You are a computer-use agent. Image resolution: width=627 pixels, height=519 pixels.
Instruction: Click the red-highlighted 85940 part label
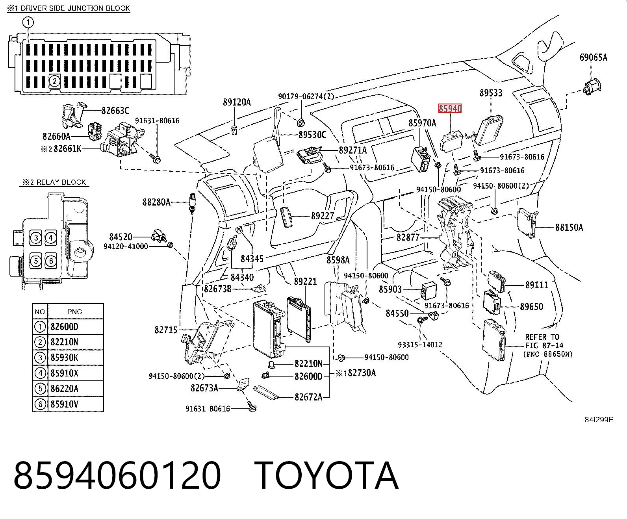tap(449, 108)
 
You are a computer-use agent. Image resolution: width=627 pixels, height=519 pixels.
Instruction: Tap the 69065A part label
tap(593, 57)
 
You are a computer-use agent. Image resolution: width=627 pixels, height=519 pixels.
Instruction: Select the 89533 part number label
tap(491, 93)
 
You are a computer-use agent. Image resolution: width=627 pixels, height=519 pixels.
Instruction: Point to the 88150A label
tap(569, 227)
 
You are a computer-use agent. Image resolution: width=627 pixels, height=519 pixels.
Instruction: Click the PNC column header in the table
tap(74, 312)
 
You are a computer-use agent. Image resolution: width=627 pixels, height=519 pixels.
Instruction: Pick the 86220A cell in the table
tap(64, 389)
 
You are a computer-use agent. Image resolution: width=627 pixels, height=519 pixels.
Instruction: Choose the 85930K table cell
tap(64, 358)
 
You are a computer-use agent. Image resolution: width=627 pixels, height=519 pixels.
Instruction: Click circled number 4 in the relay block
tap(51, 238)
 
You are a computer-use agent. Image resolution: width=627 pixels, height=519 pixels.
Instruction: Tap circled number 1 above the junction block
tap(28, 22)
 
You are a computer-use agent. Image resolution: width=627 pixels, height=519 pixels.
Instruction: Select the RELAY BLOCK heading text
tap(54, 182)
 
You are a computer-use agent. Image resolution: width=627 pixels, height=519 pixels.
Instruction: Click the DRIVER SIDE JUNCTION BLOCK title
tap(69, 8)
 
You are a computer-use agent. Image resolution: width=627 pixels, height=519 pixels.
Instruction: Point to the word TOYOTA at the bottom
tap(326, 476)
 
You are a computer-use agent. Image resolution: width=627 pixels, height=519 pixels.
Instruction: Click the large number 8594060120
tap(117, 476)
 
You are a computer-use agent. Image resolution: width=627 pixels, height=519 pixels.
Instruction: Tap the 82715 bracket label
tap(166, 330)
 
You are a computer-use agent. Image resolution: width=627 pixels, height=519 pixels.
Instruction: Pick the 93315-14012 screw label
tap(420, 345)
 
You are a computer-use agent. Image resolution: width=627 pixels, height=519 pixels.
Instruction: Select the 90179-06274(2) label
tap(306, 96)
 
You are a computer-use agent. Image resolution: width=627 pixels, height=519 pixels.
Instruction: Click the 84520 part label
tap(121, 237)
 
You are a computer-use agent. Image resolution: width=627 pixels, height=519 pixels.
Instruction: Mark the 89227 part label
tap(323, 216)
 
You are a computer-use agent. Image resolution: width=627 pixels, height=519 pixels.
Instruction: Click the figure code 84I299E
tap(599, 420)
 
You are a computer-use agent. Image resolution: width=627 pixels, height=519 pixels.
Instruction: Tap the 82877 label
tap(408, 237)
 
